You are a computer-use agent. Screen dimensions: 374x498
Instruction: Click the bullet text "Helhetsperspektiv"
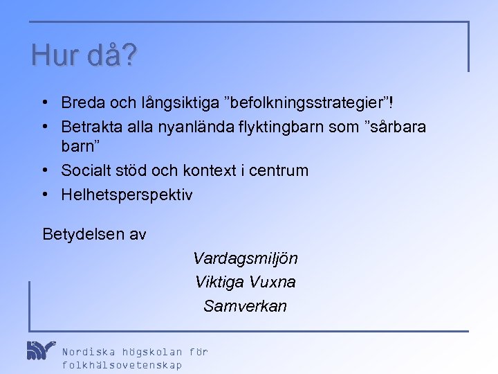tap(127, 195)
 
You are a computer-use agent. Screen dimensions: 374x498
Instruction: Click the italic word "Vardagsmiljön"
tap(246, 259)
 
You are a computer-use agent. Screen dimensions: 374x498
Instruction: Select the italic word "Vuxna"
tap(273, 283)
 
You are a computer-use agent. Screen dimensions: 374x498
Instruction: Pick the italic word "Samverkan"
tap(245, 306)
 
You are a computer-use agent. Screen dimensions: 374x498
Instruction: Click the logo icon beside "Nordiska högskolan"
tap(40, 350)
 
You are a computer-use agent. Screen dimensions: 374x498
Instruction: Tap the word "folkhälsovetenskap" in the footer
tap(122, 366)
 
